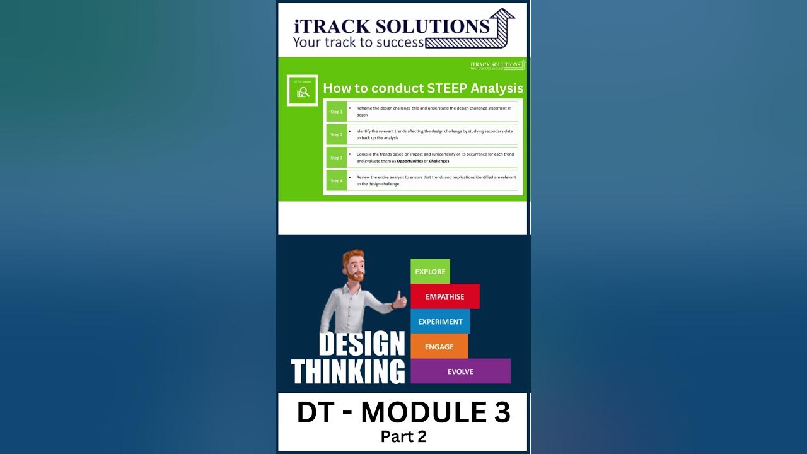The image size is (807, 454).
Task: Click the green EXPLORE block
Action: (x=430, y=272)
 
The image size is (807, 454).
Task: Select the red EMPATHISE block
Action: (x=444, y=296)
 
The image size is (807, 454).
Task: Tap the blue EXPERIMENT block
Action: (x=440, y=322)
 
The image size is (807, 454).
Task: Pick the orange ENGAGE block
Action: (x=439, y=347)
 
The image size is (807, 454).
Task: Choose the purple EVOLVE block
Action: (x=460, y=371)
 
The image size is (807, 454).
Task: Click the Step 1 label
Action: (x=337, y=112)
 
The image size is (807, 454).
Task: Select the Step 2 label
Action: (x=337, y=135)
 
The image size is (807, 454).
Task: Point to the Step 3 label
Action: (x=337, y=158)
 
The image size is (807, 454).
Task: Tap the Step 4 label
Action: (x=337, y=181)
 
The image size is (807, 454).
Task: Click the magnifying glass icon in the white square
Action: (x=303, y=92)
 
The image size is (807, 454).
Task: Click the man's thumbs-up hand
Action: (x=400, y=300)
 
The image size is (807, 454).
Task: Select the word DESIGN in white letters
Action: (x=361, y=344)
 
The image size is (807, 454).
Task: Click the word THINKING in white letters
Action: (x=348, y=371)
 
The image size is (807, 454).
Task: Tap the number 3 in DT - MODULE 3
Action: (x=499, y=413)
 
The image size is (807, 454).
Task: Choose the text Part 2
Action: (x=403, y=436)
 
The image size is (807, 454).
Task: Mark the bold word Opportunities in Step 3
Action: (x=410, y=161)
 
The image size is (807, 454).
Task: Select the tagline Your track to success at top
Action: (x=358, y=43)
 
